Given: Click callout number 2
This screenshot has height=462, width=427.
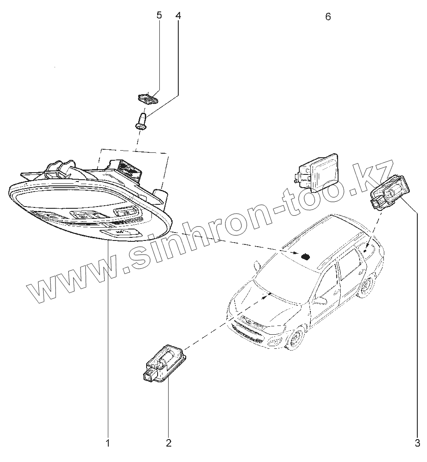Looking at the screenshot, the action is click(x=168, y=443).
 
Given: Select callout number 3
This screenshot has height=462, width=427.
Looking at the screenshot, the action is click(x=417, y=443).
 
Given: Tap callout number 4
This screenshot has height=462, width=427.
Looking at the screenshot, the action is click(x=178, y=16).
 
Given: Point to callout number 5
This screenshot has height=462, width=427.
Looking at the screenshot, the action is click(x=159, y=16).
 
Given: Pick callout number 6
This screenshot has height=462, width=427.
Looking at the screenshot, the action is click(x=328, y=17).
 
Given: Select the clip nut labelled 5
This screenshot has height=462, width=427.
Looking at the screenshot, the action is click(x=148, y=97).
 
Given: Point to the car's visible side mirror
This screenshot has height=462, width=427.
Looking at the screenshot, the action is click(x=320, y=301).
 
